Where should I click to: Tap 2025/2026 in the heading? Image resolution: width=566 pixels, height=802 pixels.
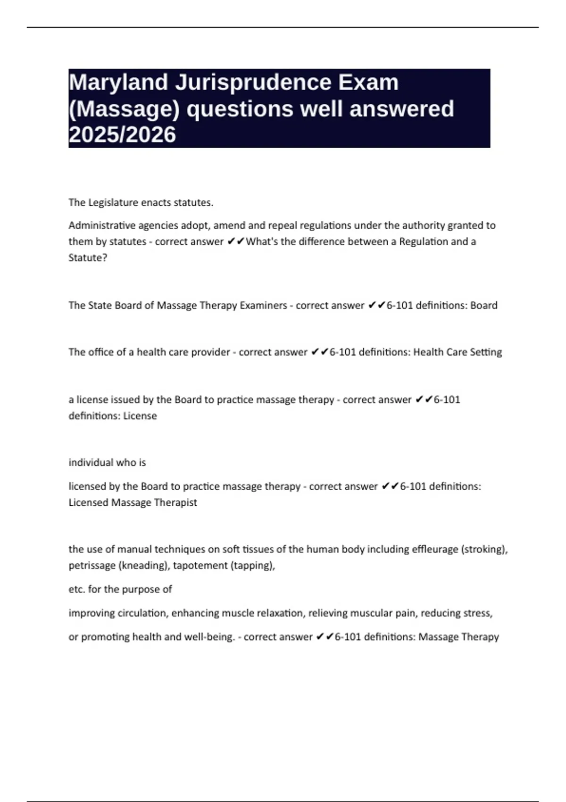pos(122,135)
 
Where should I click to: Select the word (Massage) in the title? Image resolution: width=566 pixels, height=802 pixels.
pos(125,109)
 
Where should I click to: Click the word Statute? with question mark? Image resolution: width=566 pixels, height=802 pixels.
pos(88,258)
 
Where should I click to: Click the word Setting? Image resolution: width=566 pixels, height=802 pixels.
pos(486,352)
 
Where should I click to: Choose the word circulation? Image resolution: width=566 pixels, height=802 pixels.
pos(143,613)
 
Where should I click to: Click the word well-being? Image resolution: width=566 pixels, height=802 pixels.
pos(209,637)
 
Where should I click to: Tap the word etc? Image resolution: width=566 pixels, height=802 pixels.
pos(76,589)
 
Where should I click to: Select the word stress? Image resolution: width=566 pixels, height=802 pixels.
pos(479,613)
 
